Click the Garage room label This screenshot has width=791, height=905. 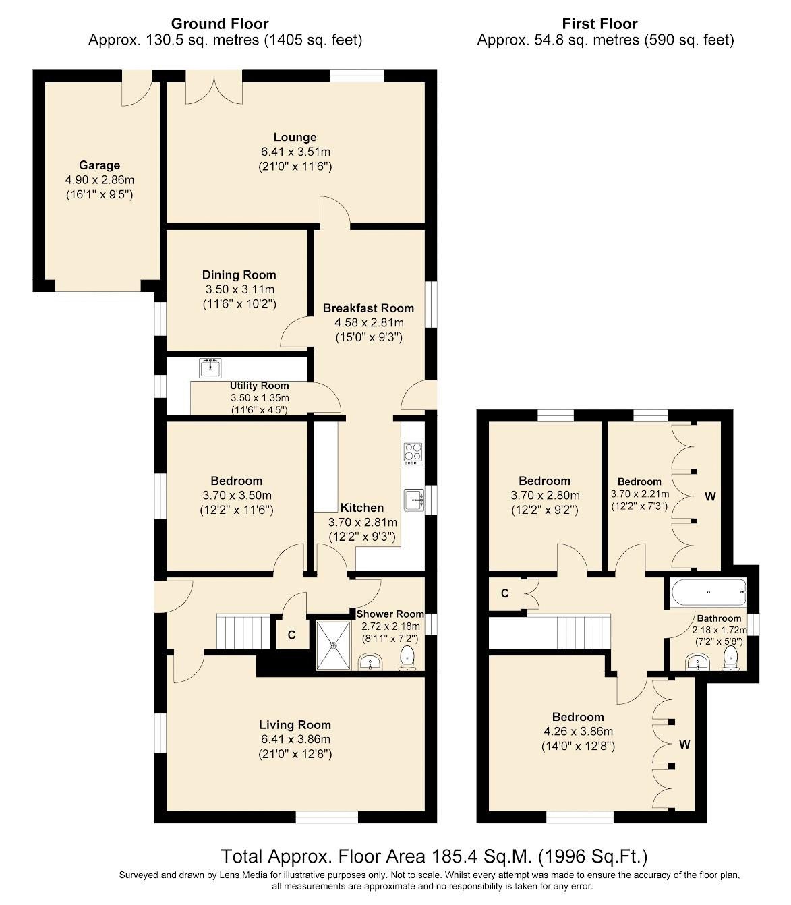[x=99, y=165]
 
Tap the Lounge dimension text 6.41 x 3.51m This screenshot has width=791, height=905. [x=295, y=152]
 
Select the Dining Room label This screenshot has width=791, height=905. [x=239, y=274]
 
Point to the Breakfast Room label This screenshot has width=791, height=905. [x=368, y=308]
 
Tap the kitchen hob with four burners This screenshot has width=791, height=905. [x=413, y=452]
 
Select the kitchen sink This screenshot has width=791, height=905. [x=414, y=500]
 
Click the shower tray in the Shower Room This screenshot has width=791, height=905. [x=333, y=645]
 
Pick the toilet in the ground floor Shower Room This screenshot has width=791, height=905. [x=408, y=658]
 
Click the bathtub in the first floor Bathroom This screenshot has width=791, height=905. [x=708, y=593]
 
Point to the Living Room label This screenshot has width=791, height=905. [x=295, y=725]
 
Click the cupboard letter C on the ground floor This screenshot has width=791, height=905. [x=291, y=635]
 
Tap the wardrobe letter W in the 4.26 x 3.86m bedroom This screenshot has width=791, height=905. [x=684, y=745]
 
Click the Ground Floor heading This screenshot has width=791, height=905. [x=220, y=24]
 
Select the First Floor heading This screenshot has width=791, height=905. [x=599, y=24]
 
